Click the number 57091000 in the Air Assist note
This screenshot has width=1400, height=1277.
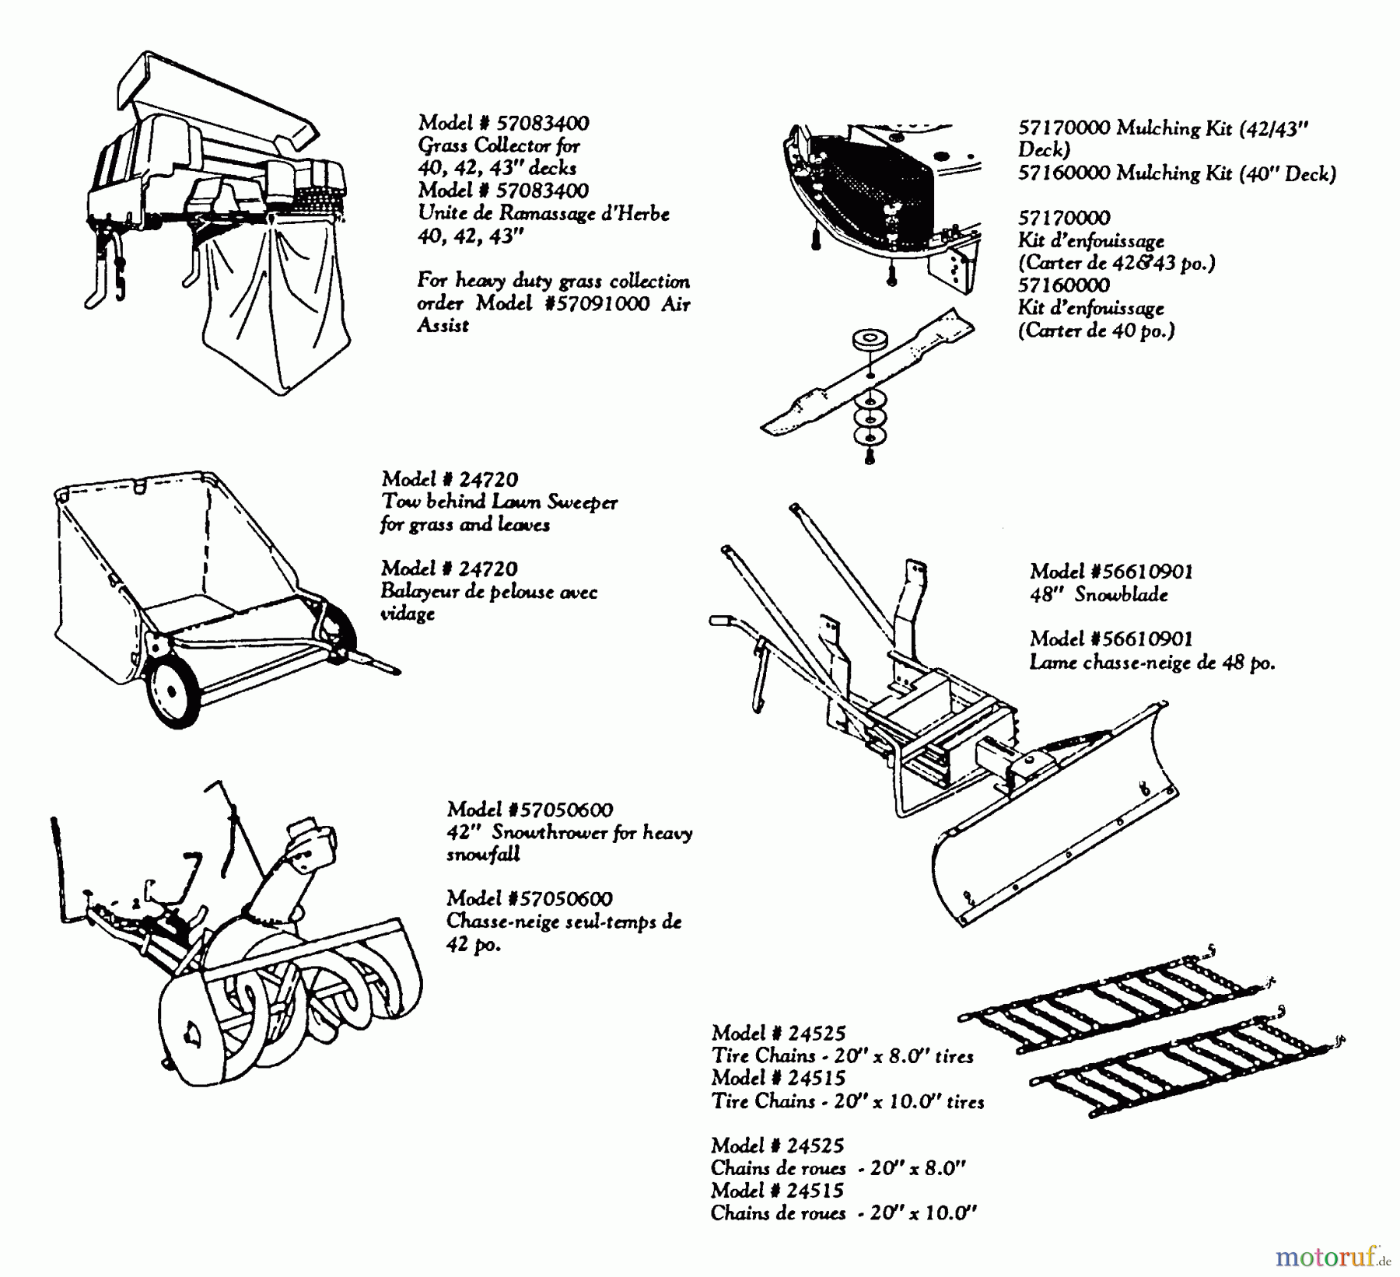coord(599,304)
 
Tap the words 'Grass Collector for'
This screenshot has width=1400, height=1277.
coord(499,145)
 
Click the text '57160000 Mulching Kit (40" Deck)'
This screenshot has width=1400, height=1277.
coord(1177,173)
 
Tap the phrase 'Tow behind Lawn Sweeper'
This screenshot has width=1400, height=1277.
coord(499,502)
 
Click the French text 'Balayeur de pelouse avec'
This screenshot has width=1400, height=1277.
coord(488,592)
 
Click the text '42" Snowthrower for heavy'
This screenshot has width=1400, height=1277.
coord(569,833)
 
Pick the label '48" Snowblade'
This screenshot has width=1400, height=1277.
coord(1099,595)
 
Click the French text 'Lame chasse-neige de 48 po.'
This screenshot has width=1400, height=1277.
coord(1152,663)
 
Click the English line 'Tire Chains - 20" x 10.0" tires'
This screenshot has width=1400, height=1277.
coord(847,1101)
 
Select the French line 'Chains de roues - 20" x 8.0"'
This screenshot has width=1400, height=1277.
coord(838,1168)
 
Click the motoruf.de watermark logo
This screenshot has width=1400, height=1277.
coord(1331,1255)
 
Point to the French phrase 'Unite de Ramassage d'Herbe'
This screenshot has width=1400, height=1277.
coord(543,213)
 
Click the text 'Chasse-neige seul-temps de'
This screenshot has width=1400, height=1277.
coord(564,922)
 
